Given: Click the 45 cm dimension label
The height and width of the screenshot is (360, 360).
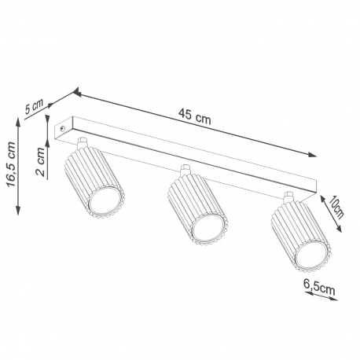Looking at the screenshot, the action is click(194, 117).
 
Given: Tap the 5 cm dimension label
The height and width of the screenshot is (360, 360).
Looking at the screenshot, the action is click(34, 106).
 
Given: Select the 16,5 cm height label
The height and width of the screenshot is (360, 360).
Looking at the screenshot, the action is click(12, 164).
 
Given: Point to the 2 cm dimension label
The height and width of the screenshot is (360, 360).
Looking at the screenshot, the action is click(40, 161).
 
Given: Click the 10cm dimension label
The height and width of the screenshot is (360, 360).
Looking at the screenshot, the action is click(336, 207).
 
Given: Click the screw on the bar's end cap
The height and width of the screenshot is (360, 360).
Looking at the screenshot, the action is click(62, 128).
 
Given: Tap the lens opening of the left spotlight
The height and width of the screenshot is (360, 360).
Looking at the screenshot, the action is click(105, 200).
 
